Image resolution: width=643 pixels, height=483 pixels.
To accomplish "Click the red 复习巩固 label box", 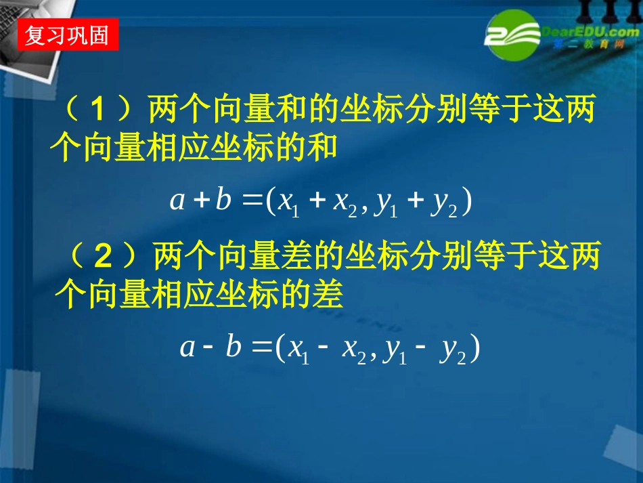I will (67, 35).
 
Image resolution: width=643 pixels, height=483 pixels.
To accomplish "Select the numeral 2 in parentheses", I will (102, 257).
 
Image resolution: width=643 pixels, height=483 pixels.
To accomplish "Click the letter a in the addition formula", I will (177, 201).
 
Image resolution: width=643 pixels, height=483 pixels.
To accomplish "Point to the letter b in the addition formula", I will (223, 200).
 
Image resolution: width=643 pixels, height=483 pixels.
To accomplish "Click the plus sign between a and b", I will (200, 201).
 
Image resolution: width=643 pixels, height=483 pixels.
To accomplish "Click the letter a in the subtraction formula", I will (187, 347).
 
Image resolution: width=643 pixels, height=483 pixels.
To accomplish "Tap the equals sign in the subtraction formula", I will (261, 348).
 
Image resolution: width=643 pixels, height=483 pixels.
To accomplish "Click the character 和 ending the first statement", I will (323, 146).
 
